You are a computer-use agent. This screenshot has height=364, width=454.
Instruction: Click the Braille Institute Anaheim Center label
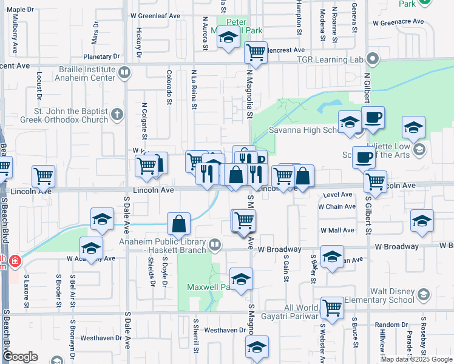pos(85,73)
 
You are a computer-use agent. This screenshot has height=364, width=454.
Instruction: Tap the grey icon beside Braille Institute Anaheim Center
pos(124,73)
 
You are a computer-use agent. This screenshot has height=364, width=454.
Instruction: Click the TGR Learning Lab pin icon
pos(373,59)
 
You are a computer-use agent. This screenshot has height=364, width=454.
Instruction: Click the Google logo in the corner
pos(20,357)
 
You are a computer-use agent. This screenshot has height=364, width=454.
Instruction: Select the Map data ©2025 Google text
pos(416,359)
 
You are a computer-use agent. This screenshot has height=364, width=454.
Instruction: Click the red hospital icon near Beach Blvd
pos(14,262)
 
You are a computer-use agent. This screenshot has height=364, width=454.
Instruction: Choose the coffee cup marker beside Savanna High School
pos(373,117)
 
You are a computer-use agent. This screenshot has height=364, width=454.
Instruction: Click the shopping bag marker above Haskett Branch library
pos(179,224)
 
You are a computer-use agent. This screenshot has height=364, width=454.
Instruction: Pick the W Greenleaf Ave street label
pos(155,16)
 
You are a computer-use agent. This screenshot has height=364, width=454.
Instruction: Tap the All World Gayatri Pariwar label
pos(293,312)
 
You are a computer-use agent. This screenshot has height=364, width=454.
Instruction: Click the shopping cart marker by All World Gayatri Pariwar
pos(332,309)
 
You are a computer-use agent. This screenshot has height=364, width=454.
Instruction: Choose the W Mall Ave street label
pos(339,231)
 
